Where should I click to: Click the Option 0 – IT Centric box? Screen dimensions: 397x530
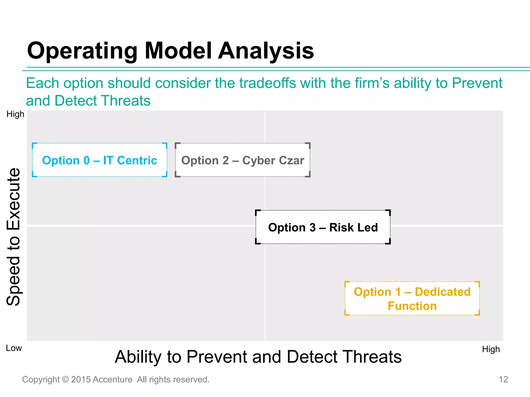100,160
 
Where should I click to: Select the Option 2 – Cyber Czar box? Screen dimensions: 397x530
242,160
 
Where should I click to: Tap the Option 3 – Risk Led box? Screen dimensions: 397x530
323,227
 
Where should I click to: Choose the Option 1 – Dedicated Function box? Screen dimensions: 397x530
412,299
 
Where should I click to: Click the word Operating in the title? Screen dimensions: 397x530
82,51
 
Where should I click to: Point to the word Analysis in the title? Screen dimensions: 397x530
266,51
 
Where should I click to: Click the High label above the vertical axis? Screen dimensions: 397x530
15,114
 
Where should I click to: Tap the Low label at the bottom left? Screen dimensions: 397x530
14,348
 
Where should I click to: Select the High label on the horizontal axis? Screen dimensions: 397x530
491,349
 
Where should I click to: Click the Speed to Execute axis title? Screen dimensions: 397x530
13,236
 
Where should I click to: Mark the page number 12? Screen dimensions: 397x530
503,379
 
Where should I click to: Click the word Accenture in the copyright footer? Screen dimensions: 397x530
113,379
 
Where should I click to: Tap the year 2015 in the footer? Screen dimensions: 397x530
81,379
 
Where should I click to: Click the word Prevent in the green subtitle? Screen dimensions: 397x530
477,83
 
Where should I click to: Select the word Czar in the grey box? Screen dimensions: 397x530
291,160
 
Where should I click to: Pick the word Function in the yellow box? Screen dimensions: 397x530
412,306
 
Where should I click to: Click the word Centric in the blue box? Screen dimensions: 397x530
137,160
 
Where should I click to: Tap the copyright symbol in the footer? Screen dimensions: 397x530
65,379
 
